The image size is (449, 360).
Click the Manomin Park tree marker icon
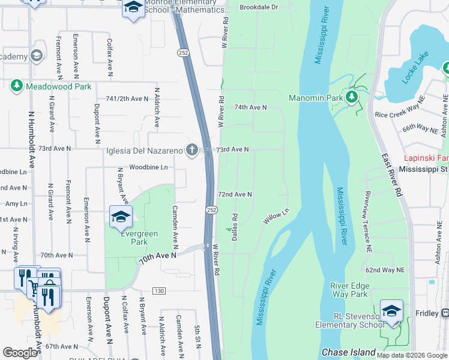pos(352,97)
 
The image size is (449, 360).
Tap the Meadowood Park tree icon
pos(16,86)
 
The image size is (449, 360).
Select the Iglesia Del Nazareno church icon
pos(192,150)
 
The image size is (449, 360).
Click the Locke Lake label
pos(415,67)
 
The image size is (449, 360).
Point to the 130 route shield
pos(158,291)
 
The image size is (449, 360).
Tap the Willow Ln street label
pos(276,217)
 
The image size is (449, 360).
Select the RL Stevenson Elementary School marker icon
pos(391,311)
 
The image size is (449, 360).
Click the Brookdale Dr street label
pos(259,7)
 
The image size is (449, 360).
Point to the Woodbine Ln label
pos(148,167)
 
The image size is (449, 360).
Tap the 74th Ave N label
pos(250,107)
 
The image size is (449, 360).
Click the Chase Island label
pos(349,353)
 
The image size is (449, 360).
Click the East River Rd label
pos(391,175)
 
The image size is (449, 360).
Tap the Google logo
pos(20,353)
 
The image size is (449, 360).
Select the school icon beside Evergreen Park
pos(121,217)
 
